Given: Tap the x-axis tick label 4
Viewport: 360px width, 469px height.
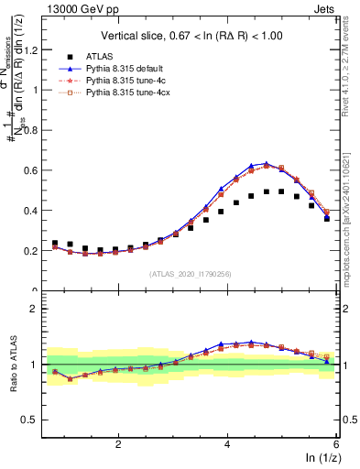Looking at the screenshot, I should tap(227, 443).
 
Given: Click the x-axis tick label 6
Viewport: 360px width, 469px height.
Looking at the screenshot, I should tap(336, 443).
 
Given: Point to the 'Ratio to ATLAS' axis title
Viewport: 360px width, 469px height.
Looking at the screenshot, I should tap(13, 364).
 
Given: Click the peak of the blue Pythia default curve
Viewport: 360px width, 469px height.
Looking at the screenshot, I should tap(266, 164).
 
